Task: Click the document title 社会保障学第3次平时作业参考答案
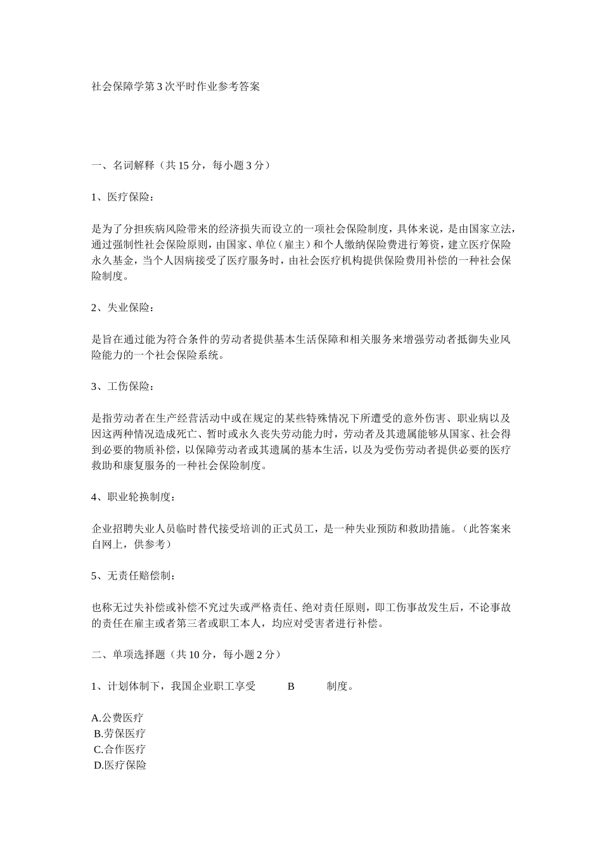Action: pos(176,87)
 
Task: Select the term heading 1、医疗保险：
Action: pos(122,197)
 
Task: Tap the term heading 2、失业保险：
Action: pos(122,307)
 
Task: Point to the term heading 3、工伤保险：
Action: pos(122,386)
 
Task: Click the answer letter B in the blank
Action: pos(291,686)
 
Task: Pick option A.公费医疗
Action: pos(117,718)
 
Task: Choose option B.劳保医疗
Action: pos(120,733)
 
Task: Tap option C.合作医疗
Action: pos(120,749)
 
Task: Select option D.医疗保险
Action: pos(120,765)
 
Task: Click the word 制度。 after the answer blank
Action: pos(340,686)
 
